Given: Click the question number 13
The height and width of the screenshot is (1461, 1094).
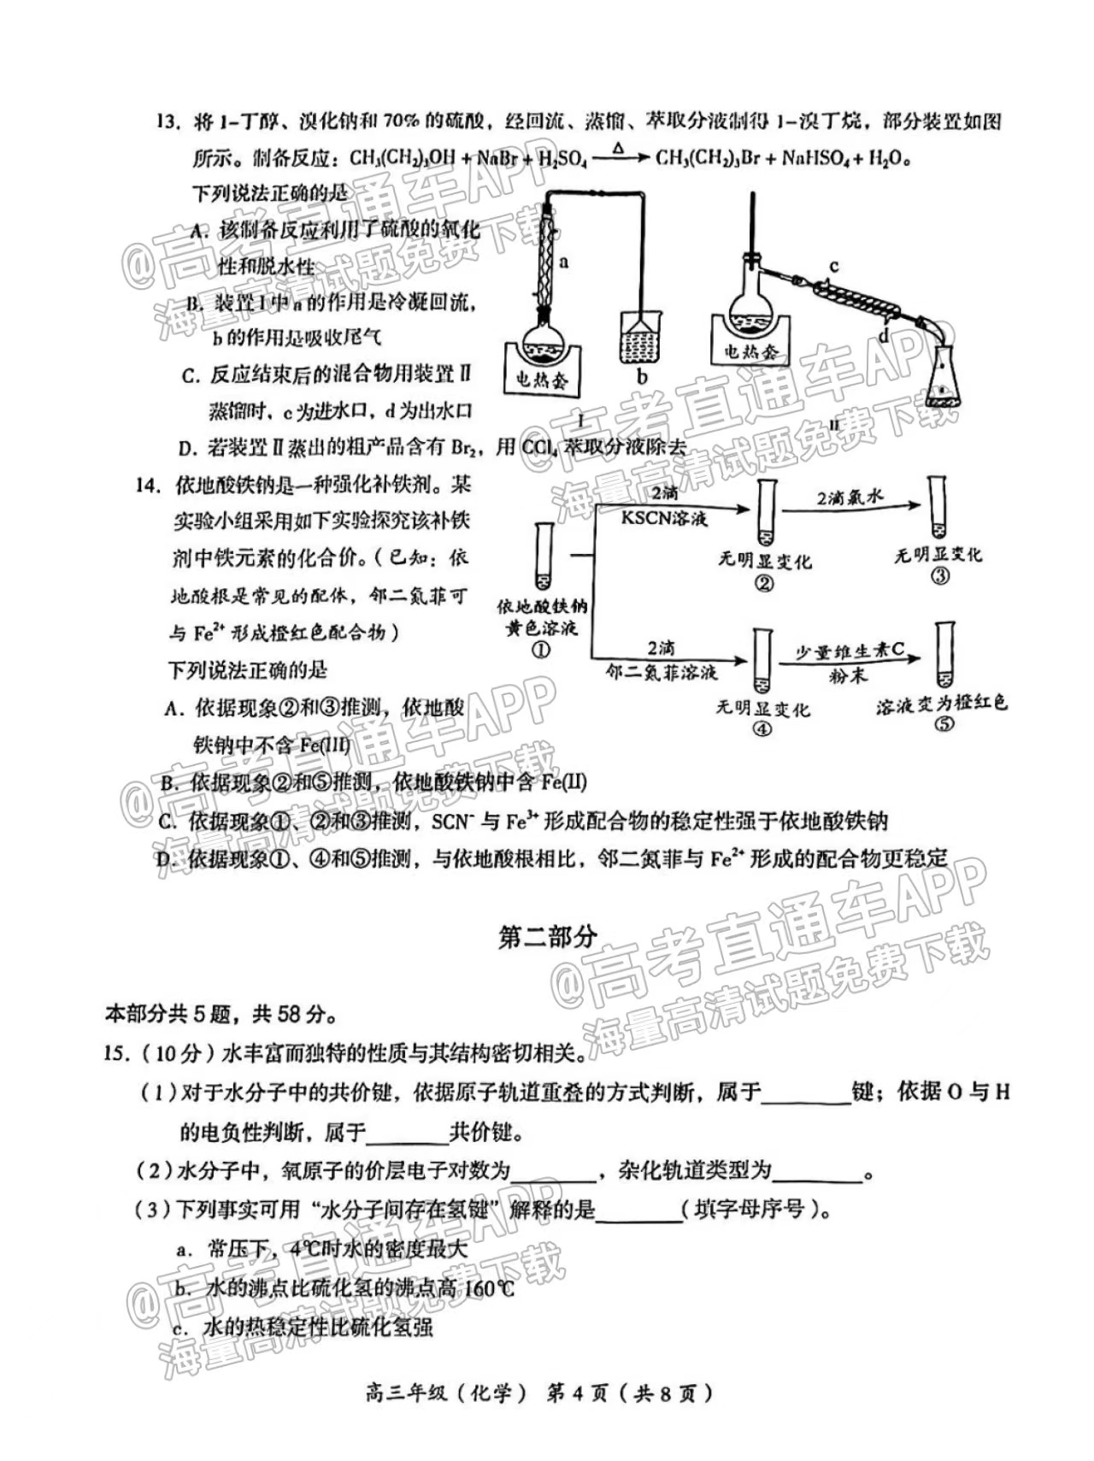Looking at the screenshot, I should pos(168,121).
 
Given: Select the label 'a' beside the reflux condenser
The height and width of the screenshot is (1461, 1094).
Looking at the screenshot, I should pos(564,262).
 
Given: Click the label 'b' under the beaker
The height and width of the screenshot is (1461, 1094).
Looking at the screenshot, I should pos(642,377).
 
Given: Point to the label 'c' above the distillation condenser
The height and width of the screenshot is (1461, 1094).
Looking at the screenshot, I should pos(834,267).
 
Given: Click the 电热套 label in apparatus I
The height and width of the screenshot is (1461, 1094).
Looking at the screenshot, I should pos(542,379).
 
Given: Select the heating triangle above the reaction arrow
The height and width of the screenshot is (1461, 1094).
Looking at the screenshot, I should pos(619,148).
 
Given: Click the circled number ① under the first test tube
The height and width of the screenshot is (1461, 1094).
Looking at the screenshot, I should pos(542,650).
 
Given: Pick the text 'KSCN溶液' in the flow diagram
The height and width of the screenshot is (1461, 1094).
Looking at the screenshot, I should pos(663,518).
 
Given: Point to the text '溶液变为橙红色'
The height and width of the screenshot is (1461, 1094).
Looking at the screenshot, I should pos(942,704).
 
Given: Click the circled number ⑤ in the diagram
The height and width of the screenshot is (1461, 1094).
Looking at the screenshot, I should pos(944,724).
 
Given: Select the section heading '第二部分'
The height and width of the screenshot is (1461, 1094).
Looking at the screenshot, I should pos(547,937).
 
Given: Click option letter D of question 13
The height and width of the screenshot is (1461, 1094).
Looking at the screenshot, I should pos(188,447).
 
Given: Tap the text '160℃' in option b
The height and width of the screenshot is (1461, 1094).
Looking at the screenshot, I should pos(488,1287).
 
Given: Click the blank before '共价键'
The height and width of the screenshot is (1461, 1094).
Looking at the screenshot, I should pos(408,1134).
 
